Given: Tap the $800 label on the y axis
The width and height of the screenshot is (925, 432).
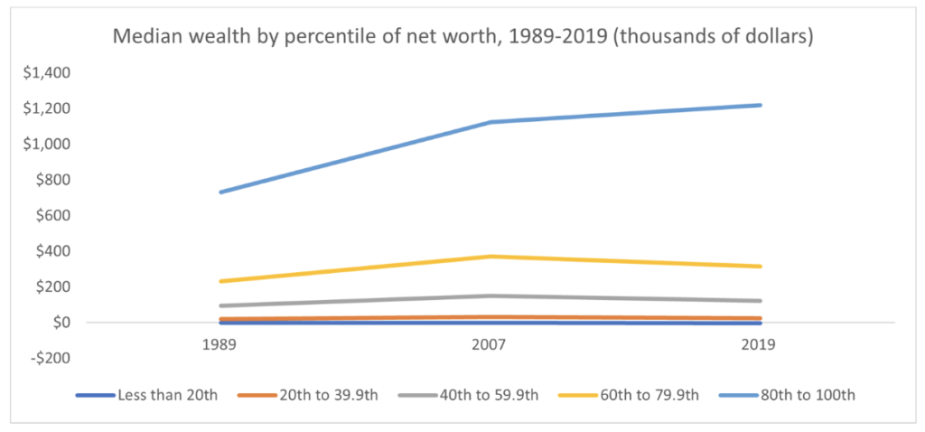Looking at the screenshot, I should click(56, 180).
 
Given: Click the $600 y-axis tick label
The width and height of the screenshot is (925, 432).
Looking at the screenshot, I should click(56, 215).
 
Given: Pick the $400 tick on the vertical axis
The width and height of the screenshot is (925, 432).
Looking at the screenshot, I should click(56, 251).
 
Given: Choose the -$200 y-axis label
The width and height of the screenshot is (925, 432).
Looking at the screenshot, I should click(54, 358).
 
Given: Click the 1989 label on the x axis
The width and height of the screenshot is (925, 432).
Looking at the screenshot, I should click(220, 345).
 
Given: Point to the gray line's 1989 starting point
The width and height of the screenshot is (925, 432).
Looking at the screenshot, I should click(220, 305).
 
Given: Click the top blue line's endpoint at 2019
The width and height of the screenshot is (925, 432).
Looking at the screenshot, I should click(761, 105).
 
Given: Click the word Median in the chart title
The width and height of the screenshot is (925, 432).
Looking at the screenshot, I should click(141, 38).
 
